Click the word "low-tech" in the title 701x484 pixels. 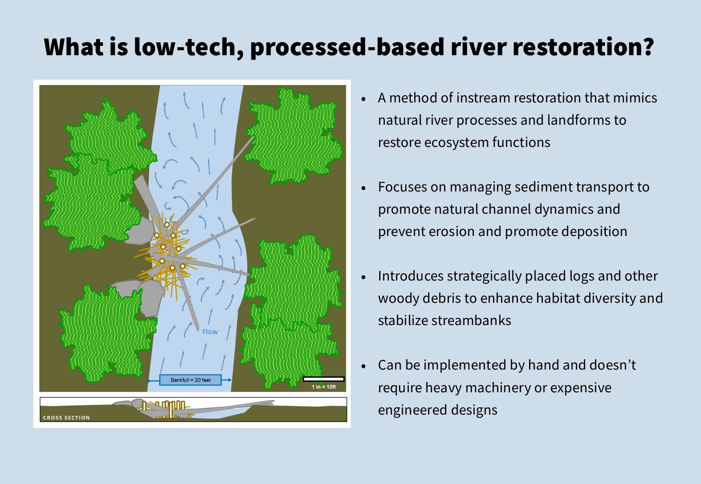(x=184, y=47)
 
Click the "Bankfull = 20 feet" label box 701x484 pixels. (x=190, y=380)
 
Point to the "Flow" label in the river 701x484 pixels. (x=210, y=332)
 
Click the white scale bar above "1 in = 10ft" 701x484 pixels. (x=324, y=379)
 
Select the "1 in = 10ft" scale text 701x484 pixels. (x=324, y=387)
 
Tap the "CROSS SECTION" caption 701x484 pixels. (x=66, y=418)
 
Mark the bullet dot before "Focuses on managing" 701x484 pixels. (x=363, y=188)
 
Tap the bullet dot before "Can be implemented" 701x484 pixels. (x=363, y=366)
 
